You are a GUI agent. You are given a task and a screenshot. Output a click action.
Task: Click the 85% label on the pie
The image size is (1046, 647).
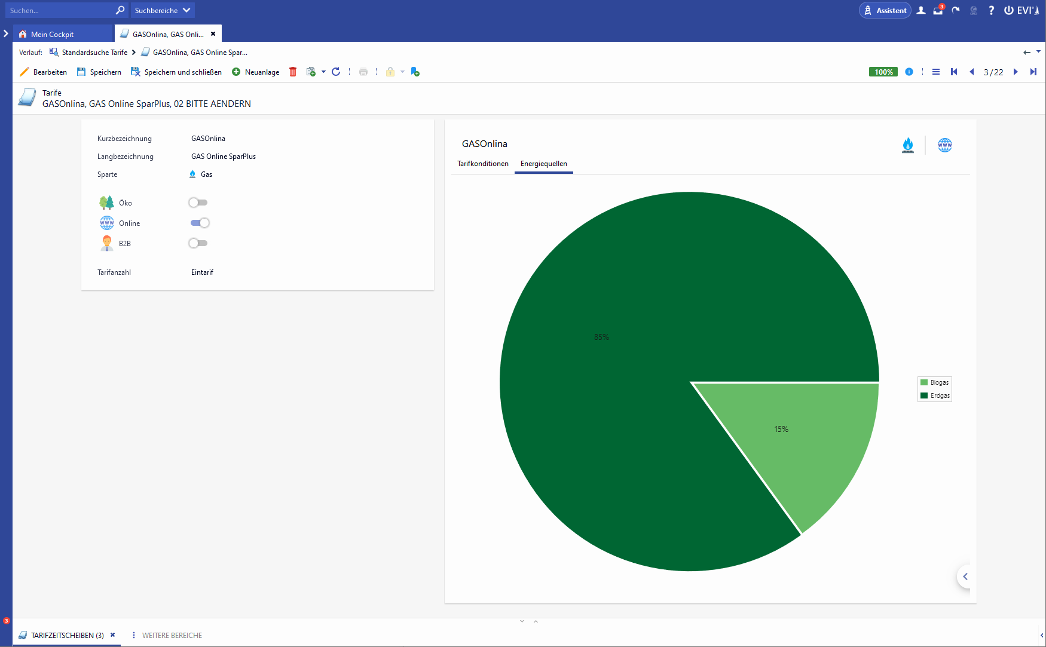pos(601,338)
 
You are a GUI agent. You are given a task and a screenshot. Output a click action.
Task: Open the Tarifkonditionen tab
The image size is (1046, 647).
pos(483,164)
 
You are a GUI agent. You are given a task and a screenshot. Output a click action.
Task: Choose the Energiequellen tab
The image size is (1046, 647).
pos(543,164)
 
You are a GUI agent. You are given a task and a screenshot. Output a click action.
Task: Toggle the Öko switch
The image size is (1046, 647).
pos(198,203)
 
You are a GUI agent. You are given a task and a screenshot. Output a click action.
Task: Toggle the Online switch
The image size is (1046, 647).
pos(200,223)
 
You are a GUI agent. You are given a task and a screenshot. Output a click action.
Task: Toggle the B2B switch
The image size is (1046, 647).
pos(198,243)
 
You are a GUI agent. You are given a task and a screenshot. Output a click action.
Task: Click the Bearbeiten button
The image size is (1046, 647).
pos(43,72)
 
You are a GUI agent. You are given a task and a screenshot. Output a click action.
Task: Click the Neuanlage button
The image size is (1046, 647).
pos(256,72)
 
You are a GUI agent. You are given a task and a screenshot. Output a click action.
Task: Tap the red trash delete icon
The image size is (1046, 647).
pos(293,72)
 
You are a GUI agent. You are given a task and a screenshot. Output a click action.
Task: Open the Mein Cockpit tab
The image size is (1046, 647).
pos(52,34)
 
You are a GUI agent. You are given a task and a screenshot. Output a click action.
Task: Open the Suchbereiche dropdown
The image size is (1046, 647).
pos(162,10)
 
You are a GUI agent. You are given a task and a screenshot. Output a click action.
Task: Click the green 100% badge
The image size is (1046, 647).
pos(883,72)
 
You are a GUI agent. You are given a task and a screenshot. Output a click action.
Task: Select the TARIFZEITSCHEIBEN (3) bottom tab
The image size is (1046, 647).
pos(67,635)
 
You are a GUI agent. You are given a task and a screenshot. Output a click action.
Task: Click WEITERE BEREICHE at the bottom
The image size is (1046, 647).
pos(172,635)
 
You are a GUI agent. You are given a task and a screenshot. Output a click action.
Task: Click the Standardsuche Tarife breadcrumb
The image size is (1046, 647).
pos(94,53)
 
